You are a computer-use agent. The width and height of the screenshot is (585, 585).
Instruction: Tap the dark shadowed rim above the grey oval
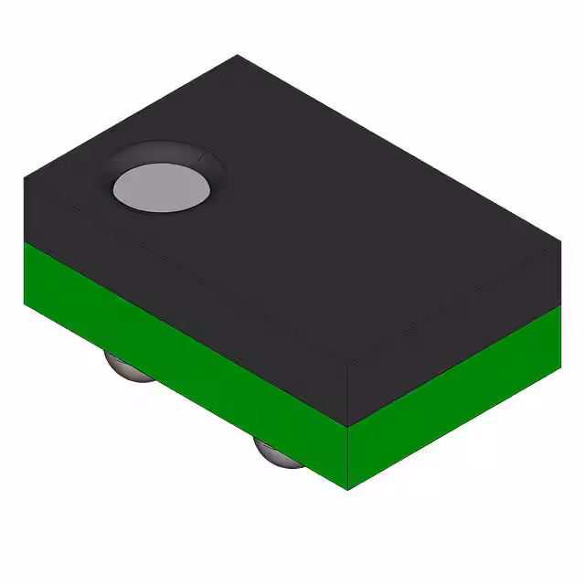(165, 153)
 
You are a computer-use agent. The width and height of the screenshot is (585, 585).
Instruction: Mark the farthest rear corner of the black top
(239, 56)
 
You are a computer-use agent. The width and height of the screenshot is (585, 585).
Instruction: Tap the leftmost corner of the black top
(25, 179)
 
